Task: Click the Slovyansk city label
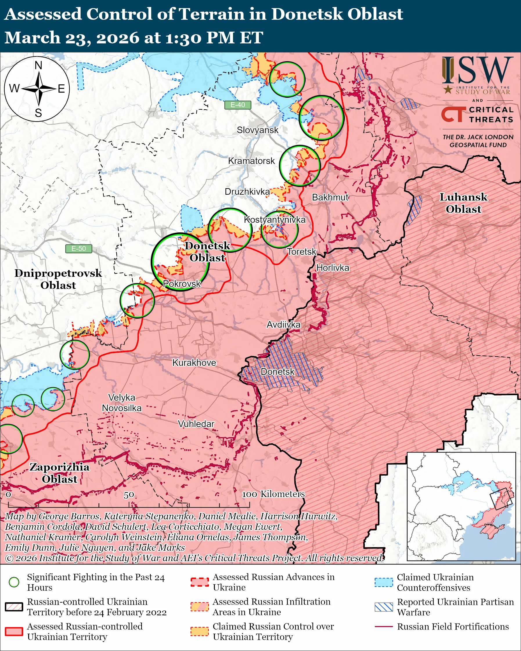tap(257, 130)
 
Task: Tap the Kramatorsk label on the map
tap(251, 161)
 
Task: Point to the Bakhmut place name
tap(330, 198)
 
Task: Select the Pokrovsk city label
tap(182, 284)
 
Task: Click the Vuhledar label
tap(196, 424)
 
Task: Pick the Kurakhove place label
tap(194, 363)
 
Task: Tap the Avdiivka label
tap(283, 325)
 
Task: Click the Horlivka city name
tap(333, 268)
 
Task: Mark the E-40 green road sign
tap(238, 105)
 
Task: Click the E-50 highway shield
tap(79, 249)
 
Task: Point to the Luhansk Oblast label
tap(463, 203)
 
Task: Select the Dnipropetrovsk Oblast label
tap(58, 279)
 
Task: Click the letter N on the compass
tap(38, 65)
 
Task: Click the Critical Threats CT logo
tap(453, 114)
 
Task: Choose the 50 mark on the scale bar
tap(129, 495)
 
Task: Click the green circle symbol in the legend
tap(14, 582)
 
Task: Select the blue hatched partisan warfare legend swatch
tap(384, 607)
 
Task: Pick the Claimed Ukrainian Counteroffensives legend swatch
tap(384, 582)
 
